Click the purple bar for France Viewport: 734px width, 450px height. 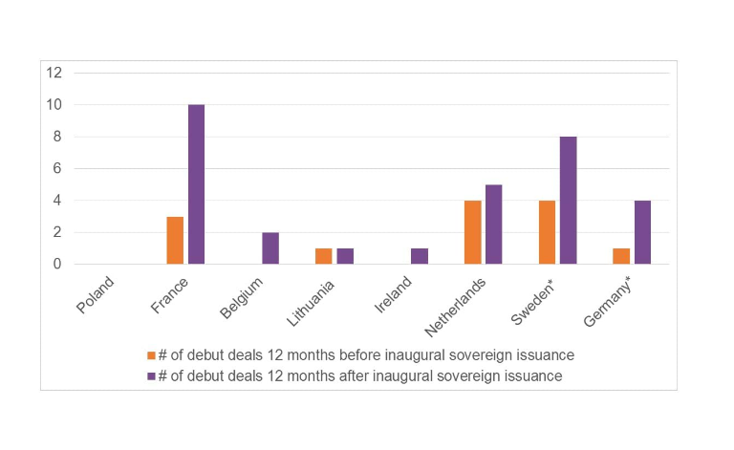[x=196, y=184]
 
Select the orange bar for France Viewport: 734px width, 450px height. [x=175, y=240]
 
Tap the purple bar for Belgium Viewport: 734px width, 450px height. [x=270, y=248]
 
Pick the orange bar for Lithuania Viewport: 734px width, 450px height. [x=324, y=256]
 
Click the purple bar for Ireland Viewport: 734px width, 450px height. [x=420, y=256]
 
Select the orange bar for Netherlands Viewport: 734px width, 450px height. [x=473, y=232]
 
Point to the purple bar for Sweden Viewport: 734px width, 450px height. [x=569, y=201]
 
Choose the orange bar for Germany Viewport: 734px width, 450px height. [x=622, y=256]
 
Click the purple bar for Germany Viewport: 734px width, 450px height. [x=643, y=232]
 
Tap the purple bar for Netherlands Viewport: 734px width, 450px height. [x=494, y=225]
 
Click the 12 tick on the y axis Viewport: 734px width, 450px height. [x=54, y=73]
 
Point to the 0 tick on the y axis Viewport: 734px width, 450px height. [x=57, y=265]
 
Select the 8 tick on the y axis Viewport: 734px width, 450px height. [x=57, y=137]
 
